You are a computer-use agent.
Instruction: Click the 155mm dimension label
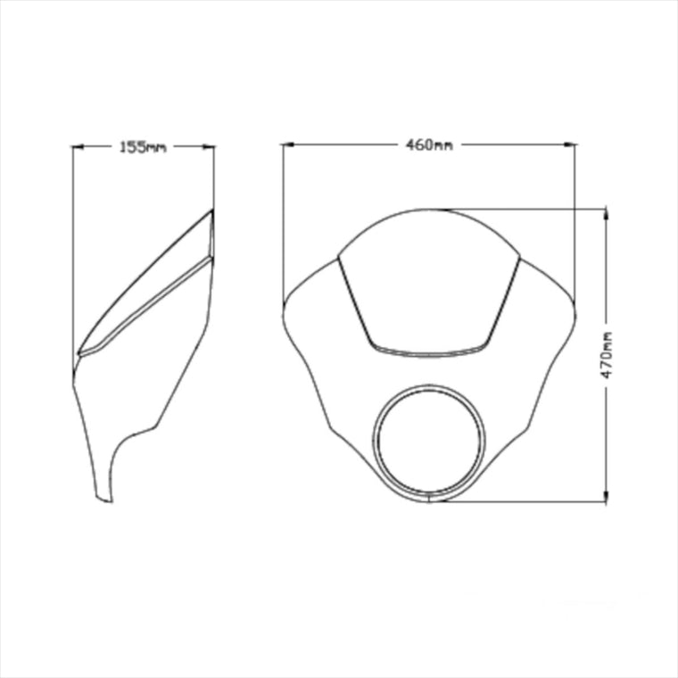coord(143,147)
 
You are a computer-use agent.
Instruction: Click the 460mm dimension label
coord(429,145)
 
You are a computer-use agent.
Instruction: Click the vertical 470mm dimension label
coord(608,354)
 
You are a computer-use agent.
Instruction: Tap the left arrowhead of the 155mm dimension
coord(78,147)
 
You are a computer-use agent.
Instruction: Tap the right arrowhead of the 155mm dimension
coord(209,146)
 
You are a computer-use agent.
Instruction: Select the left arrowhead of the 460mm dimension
coord(288,145)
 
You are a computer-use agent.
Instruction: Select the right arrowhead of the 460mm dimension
coord(570,145)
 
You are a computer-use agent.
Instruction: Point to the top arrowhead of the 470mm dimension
coord(606,215)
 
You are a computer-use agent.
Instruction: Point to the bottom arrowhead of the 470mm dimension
coord(606,496)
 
